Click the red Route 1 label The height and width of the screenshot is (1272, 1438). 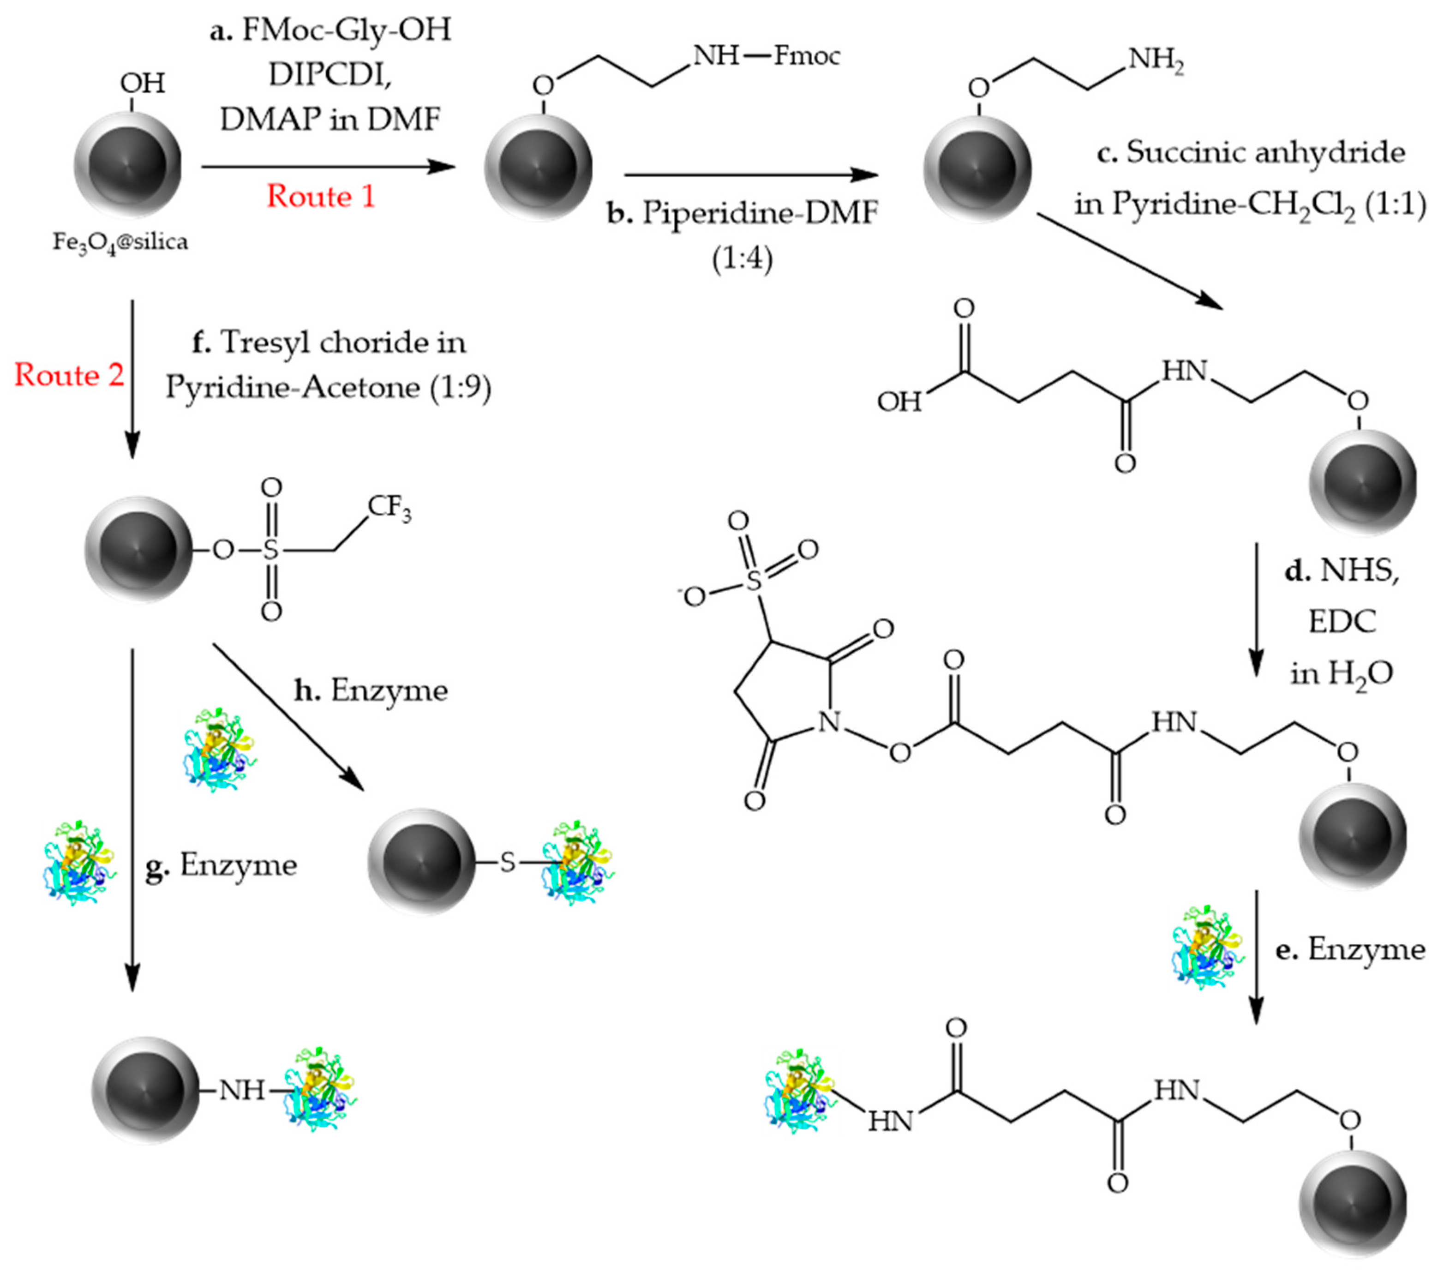[321, 196]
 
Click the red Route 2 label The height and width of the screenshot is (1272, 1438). [69, 375]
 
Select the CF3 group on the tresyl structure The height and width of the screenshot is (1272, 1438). [389, 507]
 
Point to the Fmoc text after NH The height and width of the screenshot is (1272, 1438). [807, 55]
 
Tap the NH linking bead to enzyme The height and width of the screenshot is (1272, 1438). [241, 1091]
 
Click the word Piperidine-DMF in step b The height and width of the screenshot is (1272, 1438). [760, 212]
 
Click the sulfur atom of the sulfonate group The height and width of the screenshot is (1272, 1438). [754, 581]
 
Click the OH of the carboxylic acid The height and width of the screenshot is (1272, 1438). [899, 402]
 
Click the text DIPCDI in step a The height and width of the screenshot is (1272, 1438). [330, 74]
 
